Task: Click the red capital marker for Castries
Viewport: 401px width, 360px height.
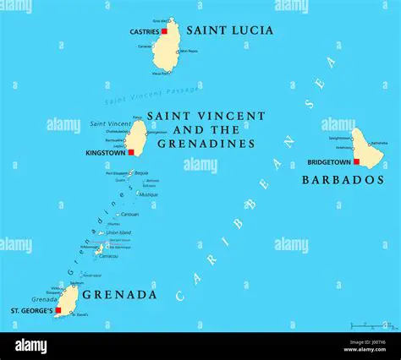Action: pos(164,31)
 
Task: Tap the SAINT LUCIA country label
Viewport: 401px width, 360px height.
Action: pos(229,30)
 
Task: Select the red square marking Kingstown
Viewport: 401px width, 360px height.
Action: pos(131,152)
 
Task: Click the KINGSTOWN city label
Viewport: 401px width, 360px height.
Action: pos(106,153)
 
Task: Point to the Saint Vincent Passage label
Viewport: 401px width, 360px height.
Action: pos(152,95)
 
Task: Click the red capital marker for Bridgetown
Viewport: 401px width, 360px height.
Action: pos(356,161)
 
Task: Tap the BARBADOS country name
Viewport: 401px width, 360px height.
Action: pos(343,180)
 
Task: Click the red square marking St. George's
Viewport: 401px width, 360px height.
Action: pos(58,310)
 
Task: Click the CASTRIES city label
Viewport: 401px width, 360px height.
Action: pos(144,31)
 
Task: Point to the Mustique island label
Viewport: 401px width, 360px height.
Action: pos(149,194)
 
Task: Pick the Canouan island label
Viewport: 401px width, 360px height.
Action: pos(129,215)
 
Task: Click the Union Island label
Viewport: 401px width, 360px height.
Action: pos(118,232)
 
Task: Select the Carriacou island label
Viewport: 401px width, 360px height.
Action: pos(108,255)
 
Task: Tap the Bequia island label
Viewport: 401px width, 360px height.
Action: pos(141,173)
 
